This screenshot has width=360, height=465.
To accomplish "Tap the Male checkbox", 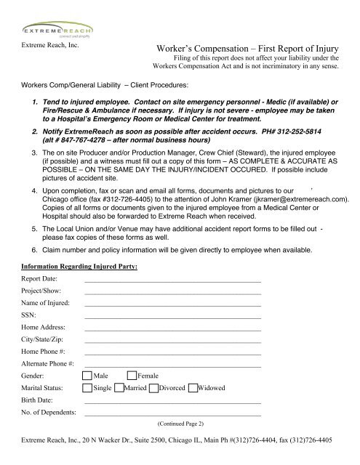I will click(x=87, y=376).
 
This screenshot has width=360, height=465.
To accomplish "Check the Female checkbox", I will click(x=131, y=376).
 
